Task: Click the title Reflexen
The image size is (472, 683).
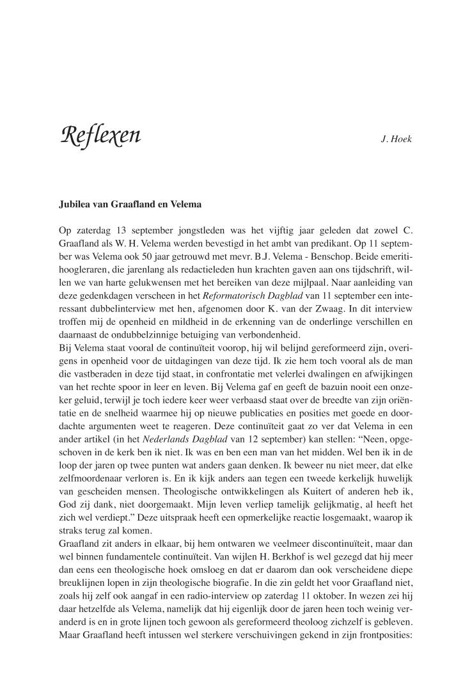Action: coord(100,137)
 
